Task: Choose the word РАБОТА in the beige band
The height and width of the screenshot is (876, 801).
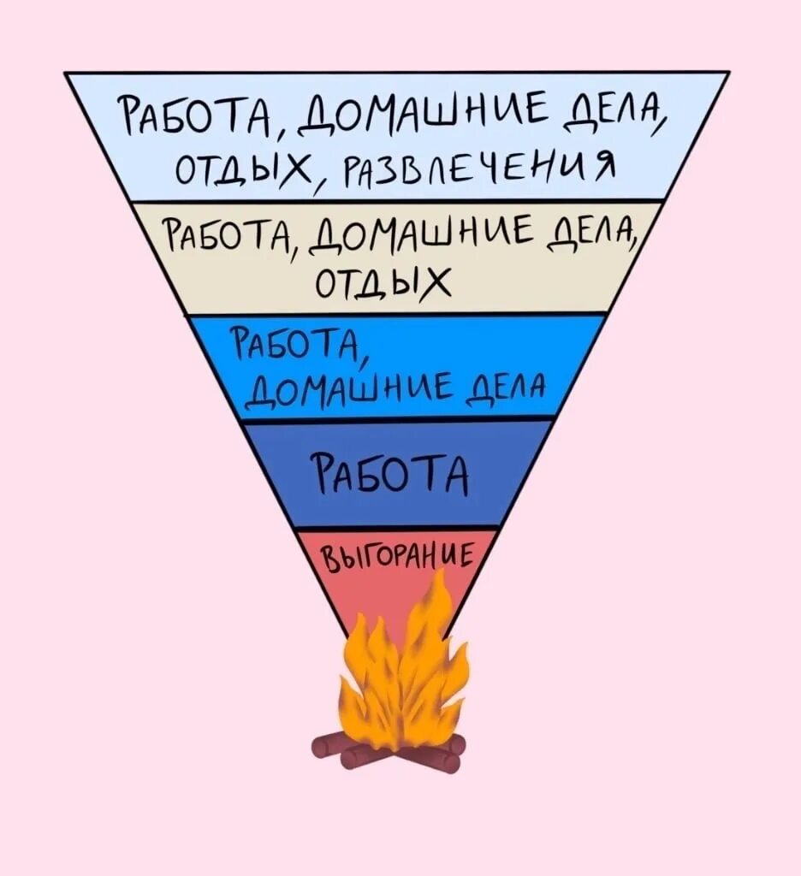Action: click(x=229, y=234)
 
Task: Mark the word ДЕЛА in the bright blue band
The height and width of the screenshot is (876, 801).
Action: click(x=508, y=395)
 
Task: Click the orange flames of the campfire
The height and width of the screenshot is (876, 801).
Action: click(x=402, y=676)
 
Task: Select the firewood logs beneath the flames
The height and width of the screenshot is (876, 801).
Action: click(x=390, y=748)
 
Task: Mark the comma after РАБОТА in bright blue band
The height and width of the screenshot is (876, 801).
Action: click(x=364, y=359)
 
